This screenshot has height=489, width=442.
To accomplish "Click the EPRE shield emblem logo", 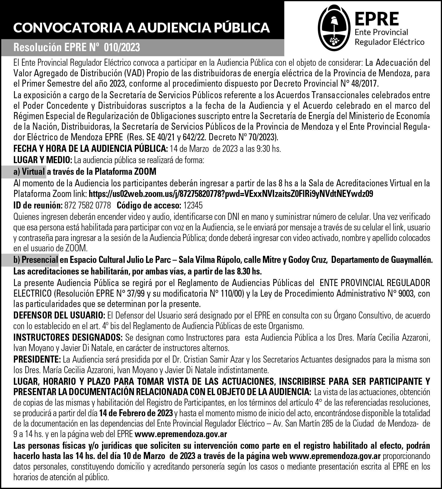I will click(x=334, y=28).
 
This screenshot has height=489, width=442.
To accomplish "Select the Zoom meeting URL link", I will click(x=231, y=194).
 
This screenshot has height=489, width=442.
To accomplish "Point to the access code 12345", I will click(x=193, y=205).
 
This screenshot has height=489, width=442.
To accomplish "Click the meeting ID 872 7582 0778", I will click(x=88, y=205).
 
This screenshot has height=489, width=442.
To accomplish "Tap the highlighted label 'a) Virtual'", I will click(x=29, y=172).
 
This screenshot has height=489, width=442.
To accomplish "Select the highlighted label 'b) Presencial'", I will click(x=36, y=260).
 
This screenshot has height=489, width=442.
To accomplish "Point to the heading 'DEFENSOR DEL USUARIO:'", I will click(x=59, y=315).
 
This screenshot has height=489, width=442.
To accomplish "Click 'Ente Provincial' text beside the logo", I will click(x=381, y=32).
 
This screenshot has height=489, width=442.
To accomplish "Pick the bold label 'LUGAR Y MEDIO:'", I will click(x=43, y=160).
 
